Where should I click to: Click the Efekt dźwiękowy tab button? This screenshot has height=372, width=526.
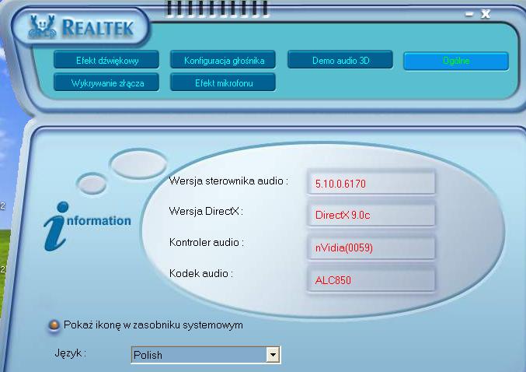107,60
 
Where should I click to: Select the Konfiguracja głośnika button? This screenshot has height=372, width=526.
224,60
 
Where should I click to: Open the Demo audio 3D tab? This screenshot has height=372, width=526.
340,60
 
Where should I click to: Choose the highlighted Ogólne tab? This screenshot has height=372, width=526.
456,61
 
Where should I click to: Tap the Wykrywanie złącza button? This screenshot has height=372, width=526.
107,82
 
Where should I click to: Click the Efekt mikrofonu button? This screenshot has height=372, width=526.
224,82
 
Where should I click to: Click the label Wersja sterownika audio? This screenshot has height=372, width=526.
228,181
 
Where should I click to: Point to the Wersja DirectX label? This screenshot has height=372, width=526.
204,211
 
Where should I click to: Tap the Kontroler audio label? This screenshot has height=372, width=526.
207,243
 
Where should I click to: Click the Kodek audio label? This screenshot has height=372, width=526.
201,274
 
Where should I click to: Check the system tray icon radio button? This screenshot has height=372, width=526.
54,325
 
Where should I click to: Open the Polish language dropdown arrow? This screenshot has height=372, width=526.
272,355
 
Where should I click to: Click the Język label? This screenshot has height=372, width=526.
70,353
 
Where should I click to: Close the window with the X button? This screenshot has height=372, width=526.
486,13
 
